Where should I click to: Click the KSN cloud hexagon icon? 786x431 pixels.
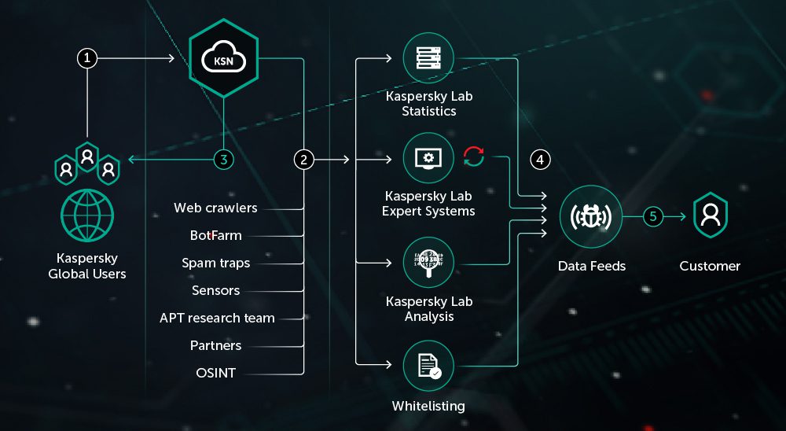click(224, 58)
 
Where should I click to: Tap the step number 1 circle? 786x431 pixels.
click(87, 58)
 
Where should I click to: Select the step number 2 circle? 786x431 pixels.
click(304, 160)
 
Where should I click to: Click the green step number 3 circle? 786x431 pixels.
click(224, 160)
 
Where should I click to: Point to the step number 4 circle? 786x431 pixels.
click(540, 160)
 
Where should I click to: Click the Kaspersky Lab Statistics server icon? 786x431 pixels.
click(428, 58)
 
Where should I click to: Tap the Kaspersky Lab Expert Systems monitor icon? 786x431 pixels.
click(428, 158)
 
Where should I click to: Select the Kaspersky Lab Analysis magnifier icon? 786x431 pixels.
click(428, 264)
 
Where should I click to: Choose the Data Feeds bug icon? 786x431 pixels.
click(591, 215)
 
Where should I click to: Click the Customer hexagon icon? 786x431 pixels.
click(710, 215)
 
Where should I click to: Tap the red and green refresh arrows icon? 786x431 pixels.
click(474, 157)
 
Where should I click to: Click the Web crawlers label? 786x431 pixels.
click(215, 208)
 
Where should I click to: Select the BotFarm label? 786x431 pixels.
click(215, 235)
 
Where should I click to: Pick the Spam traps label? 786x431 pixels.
click(215, 263)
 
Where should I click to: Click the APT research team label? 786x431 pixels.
click(217, 318)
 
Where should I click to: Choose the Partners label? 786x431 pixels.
click(215, 345)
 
